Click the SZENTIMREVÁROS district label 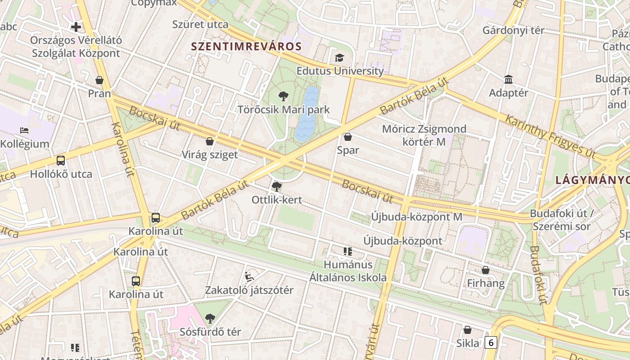(x=246, y=46)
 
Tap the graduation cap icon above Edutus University (x=339, y=58)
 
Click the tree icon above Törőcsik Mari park (x=283, y=96)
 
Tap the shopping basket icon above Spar (x=348, y=137)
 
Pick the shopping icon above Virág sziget (x=210, y=141)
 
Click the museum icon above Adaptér (x=508, y=80)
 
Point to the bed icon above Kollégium (x=24, y=130)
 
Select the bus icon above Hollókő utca (x=61, y=161)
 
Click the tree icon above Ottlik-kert (x=277, y=186)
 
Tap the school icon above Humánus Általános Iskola (x=348, y=251)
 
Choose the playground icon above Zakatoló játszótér (x=249, y=277)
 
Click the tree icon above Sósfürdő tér (x=210, y=319)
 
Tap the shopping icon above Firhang (x=486, y=270)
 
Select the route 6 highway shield (x=491, y=342)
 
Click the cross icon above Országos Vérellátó (x=76, y=27)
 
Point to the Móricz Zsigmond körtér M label (x=424, y=135)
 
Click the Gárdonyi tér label (x=513, y=31)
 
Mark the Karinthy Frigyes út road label (x=550, y=135)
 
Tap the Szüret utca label (x=200, y=24)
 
